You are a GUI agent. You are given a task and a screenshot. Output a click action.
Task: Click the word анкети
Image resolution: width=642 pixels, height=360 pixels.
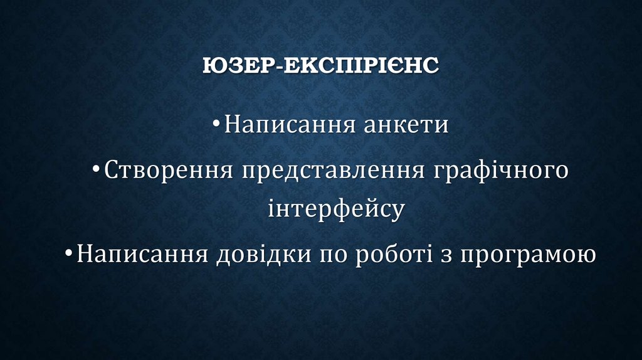pos(406,125)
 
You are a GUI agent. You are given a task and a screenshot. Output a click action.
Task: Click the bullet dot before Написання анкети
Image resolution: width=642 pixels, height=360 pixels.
pos(216,125)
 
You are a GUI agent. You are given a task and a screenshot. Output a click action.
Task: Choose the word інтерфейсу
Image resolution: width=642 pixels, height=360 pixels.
pos(335,209)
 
